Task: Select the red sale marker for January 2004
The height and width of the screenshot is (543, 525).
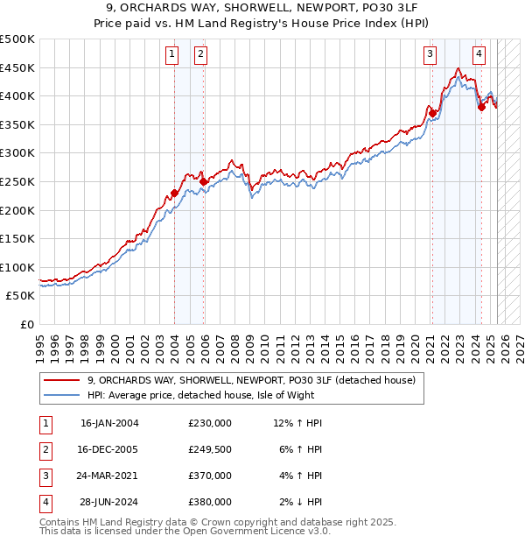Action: click(174, 193)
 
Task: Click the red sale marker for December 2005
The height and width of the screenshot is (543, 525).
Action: click(204, 181)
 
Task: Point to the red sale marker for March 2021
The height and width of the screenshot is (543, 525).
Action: click(432, 113)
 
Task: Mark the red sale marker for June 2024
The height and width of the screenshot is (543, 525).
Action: click(481, 107)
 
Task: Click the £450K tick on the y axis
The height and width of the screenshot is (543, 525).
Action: click(17, 67)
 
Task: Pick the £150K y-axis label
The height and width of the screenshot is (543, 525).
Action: click(17, 238)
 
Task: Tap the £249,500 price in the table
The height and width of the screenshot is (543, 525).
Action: click(210, 449)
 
